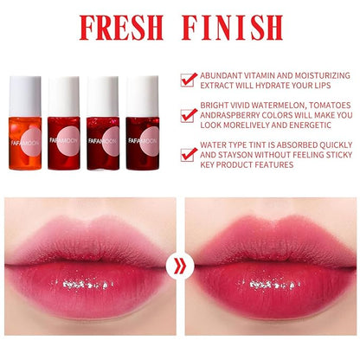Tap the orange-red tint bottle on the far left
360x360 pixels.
point(28,118)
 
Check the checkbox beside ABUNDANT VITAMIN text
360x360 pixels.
point(188,79)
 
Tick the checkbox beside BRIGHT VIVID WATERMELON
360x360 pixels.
point(188,115)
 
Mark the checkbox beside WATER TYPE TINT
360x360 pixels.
point(188,155)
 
